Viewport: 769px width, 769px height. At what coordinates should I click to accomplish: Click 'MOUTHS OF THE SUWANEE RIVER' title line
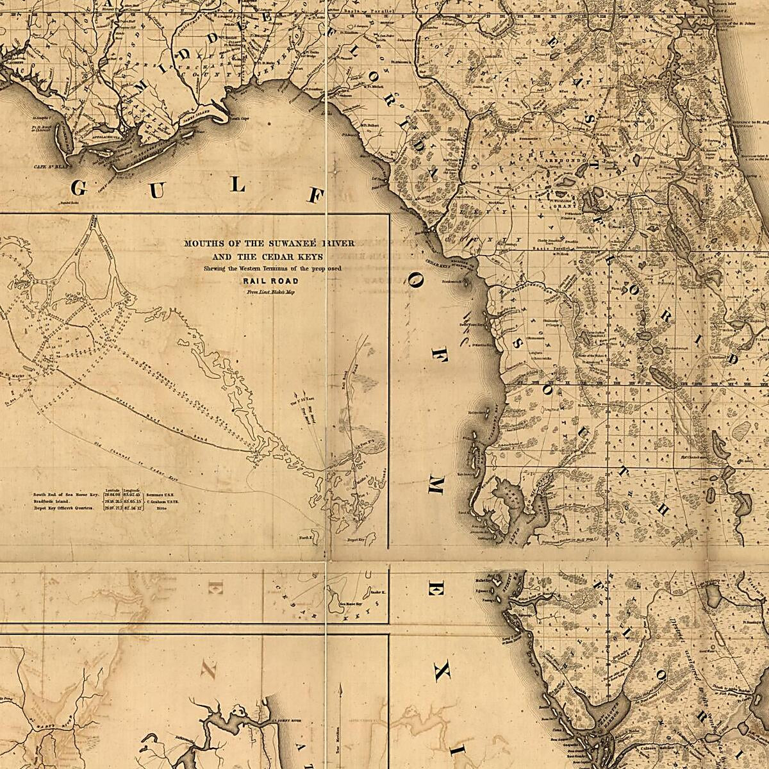pos(269,244)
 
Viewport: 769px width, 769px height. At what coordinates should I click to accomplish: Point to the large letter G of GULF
pos(79,188)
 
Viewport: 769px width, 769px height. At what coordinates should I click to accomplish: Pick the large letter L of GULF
pos(238,186)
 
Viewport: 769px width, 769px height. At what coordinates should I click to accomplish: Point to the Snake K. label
pos(378,593)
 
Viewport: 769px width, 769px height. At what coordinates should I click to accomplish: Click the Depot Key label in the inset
pos(356,540)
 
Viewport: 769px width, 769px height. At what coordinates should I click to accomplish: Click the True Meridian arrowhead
pos(340,687)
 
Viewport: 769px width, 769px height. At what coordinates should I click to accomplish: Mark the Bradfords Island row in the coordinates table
pos(64,501)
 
